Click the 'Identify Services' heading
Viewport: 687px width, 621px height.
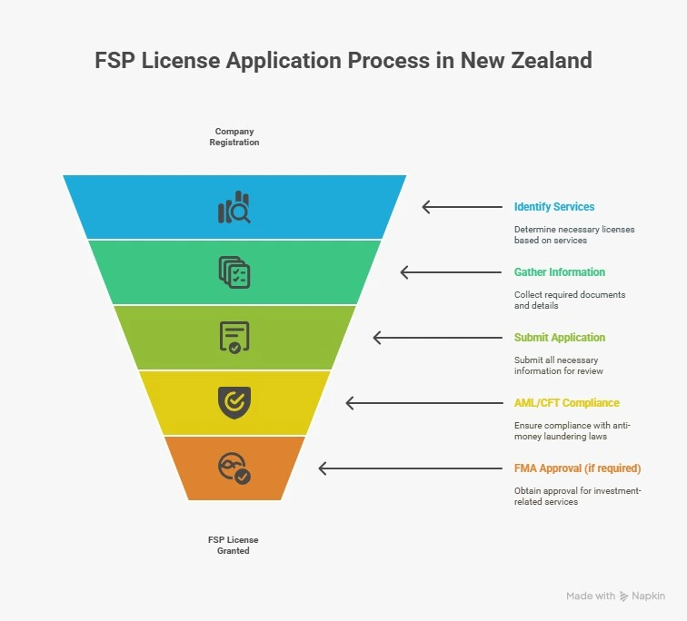pyautogui.click(x=554, y=207)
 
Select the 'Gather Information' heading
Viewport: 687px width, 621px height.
pyautogui.click(x=560, y=271)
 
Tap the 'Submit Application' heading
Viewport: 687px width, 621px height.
pyautogui.click(x=560, y=338)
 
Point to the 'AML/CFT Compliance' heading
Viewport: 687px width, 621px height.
pyautogui.click(x=566, y=402)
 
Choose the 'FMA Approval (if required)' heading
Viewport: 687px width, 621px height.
pyautogui.click(x=577, y=468)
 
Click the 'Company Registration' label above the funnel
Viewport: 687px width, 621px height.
pyautogui.click(x=234, y=136)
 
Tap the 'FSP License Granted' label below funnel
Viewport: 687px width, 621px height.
pyautogui.click(x=233, y=546)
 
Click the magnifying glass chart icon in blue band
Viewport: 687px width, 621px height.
pyautogui.click(x=234, y=207)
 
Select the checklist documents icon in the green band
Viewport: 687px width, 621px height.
pyautogui.click(x=234, y=272)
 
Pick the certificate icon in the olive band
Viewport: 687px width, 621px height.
pyautogui.click(x=234, y=338)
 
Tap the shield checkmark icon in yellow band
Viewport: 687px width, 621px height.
pyautogui.click(x=234, y=402)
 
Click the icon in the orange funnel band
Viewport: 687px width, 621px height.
pyautogui.click(x=234, y=468)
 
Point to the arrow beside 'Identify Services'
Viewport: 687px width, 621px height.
pyautogui.click(x=463, y=207)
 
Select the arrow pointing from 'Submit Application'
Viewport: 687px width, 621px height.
pyautogui.click(x=438, y=338)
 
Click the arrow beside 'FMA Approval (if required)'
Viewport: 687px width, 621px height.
pyautogui.click(x=411, y=468)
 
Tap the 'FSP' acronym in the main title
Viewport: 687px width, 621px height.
pyautogui.click(x=114, y=60)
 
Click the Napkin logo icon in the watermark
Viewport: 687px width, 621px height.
pyautogui.click(x=623, y=596)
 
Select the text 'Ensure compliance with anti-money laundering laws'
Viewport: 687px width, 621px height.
pyautogui.click(x=572, y=430)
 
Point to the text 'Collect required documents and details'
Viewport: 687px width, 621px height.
pyautogui.click(x=570, y=300)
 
